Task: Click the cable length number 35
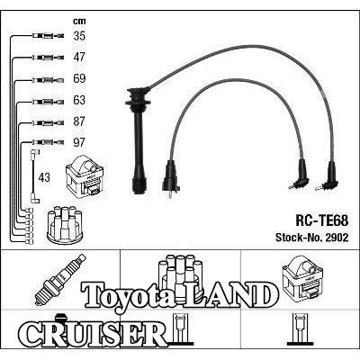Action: click(79, 36)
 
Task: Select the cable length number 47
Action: click(79, 57)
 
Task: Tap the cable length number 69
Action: click(79, 78)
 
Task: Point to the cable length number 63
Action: click(79, 100)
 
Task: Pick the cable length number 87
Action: click(79, 121)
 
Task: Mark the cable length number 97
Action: click(79, 142)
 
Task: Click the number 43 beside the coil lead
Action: click(44, 177)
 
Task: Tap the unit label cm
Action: click(79, 21)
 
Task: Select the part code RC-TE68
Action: click(322, 221)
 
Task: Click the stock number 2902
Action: click(336, 238)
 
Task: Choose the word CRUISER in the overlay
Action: click(93, 334)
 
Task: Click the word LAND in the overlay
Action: click(227, 295)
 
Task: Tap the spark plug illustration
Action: click(60, 280)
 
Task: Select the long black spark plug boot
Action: click(138, 140)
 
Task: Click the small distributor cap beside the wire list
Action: click(65, 224)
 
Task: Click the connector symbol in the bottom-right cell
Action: click(301, 329)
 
